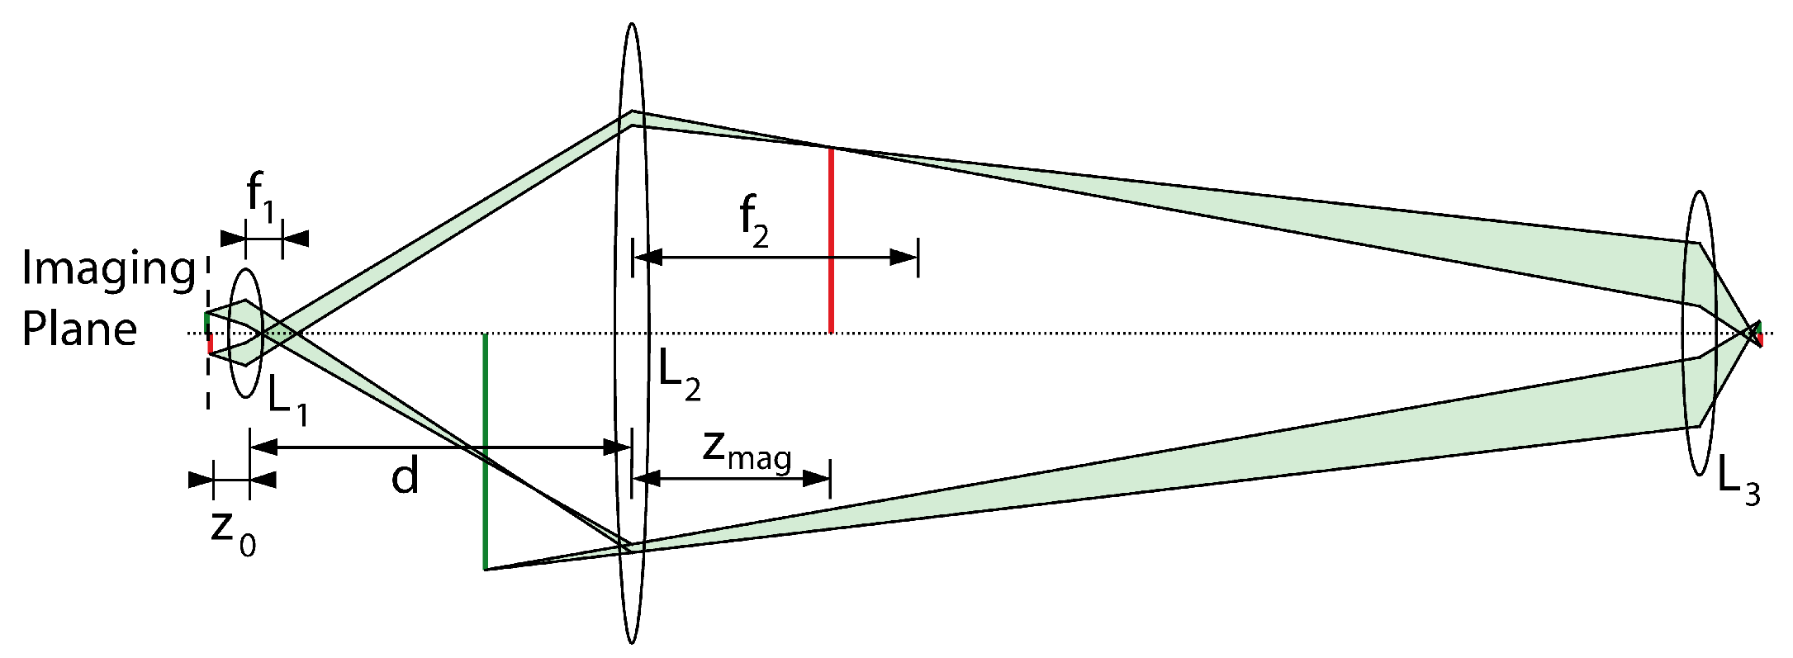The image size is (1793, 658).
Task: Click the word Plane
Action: (x=79, y=329)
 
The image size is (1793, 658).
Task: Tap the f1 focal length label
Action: (x=261, y=199)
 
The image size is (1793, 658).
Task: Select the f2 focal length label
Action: (x=753, y=220)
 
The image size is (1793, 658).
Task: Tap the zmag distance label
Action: (x=747, y=451)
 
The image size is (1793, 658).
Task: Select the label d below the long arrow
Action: (x=405, y=477)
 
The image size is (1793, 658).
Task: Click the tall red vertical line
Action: (x=831, y=239)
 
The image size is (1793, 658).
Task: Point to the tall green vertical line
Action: (x=485, y=452)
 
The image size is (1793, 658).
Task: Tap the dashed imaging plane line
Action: (x=207, y=380)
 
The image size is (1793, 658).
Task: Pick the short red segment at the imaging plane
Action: (x=211, y=343)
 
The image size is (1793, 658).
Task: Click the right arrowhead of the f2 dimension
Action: (x=904, y=258)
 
